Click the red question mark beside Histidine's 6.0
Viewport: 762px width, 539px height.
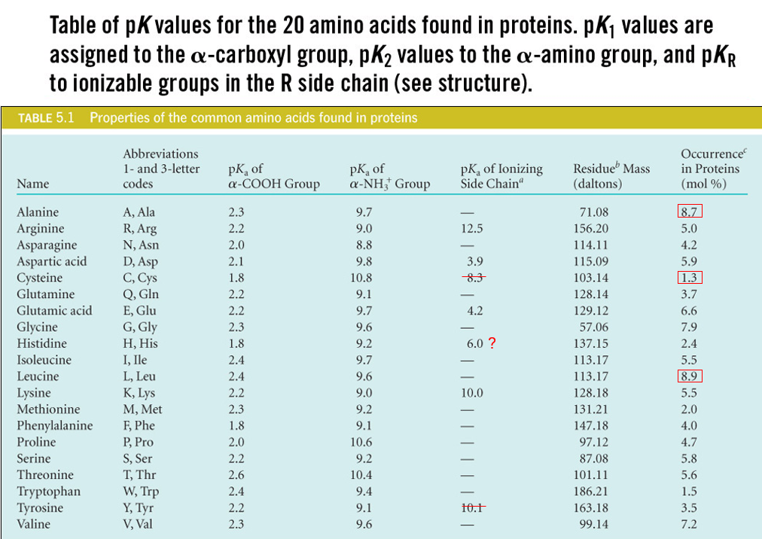pos(492,344)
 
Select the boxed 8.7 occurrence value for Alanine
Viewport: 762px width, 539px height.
pos(689,212)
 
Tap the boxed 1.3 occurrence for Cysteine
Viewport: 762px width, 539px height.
pos(689,278)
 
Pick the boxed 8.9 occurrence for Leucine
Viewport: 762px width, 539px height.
pos(689,376)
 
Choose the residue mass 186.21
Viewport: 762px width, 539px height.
pos(591,492)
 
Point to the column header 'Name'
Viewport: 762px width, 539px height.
pos(32,184)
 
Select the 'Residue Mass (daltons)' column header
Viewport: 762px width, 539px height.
pos(611,176)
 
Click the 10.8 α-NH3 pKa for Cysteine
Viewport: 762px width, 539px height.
pos(364,278)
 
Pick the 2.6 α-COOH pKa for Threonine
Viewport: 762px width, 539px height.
pos(236,475)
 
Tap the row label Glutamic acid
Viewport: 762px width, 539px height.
pos(54,311)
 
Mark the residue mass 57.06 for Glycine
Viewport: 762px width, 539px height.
pos(591,327)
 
